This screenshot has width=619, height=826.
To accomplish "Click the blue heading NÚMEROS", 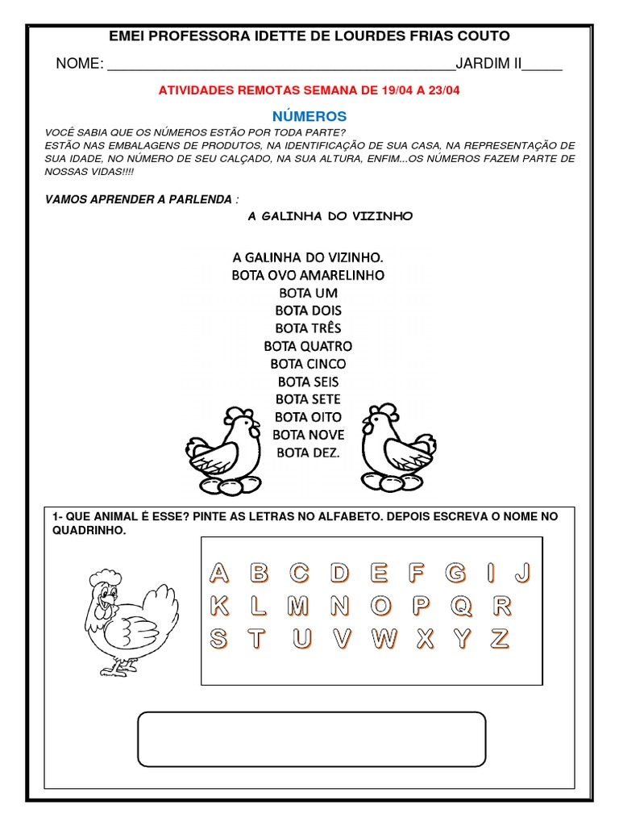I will point(309,116).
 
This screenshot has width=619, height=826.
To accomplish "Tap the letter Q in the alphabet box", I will point(462,605).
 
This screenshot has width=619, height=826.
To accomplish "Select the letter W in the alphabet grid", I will point(384,639).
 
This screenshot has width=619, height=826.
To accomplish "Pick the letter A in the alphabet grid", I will point(219,574).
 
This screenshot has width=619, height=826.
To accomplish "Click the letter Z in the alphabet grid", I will point(501,639).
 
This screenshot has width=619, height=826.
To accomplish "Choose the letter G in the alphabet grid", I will point(456,574).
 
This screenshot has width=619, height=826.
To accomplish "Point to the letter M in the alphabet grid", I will point(298,605).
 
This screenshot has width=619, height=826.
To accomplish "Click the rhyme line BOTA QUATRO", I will point(308,346).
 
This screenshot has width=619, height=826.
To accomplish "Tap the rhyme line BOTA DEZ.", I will point(308,453).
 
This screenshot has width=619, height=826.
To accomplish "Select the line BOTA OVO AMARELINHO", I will point(308,275).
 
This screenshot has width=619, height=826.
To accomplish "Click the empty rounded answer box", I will point(312,738).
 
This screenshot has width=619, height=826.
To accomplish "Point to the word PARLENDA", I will point(206,198).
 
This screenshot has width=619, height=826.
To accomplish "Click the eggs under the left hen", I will point(220,486).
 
